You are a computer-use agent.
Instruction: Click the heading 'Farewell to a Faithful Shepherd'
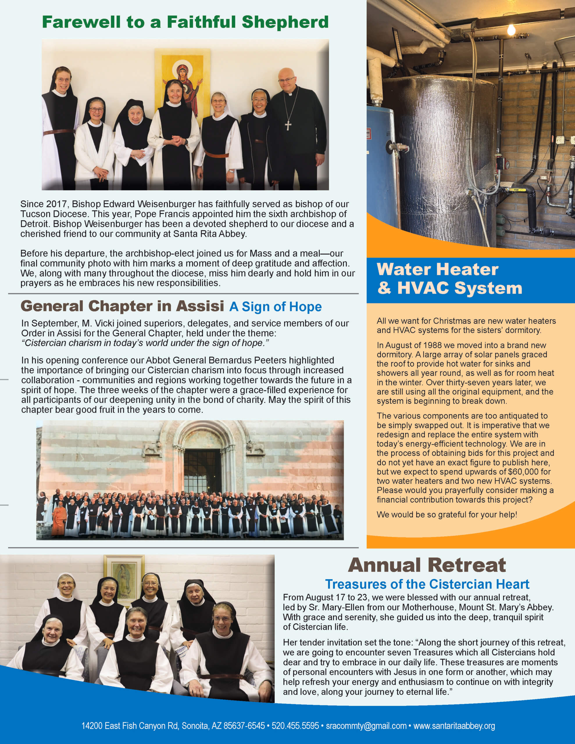tap(185, 22)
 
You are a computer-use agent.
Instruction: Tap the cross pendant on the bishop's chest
tap(288, 125)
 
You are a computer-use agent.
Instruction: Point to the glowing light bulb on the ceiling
tap(511, 30)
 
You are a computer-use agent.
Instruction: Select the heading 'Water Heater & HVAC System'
tap(449, 279)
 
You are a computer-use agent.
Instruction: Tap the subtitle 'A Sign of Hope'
tap(275, 307)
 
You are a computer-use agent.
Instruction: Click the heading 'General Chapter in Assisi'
tap(122, 306)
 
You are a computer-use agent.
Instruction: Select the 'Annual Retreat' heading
tap(427, 565)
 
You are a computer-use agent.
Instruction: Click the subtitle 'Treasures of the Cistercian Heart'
tap(427, 584)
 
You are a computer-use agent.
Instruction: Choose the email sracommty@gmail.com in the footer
tap(366, 726)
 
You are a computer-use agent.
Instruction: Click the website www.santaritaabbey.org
tap(454, 726)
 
